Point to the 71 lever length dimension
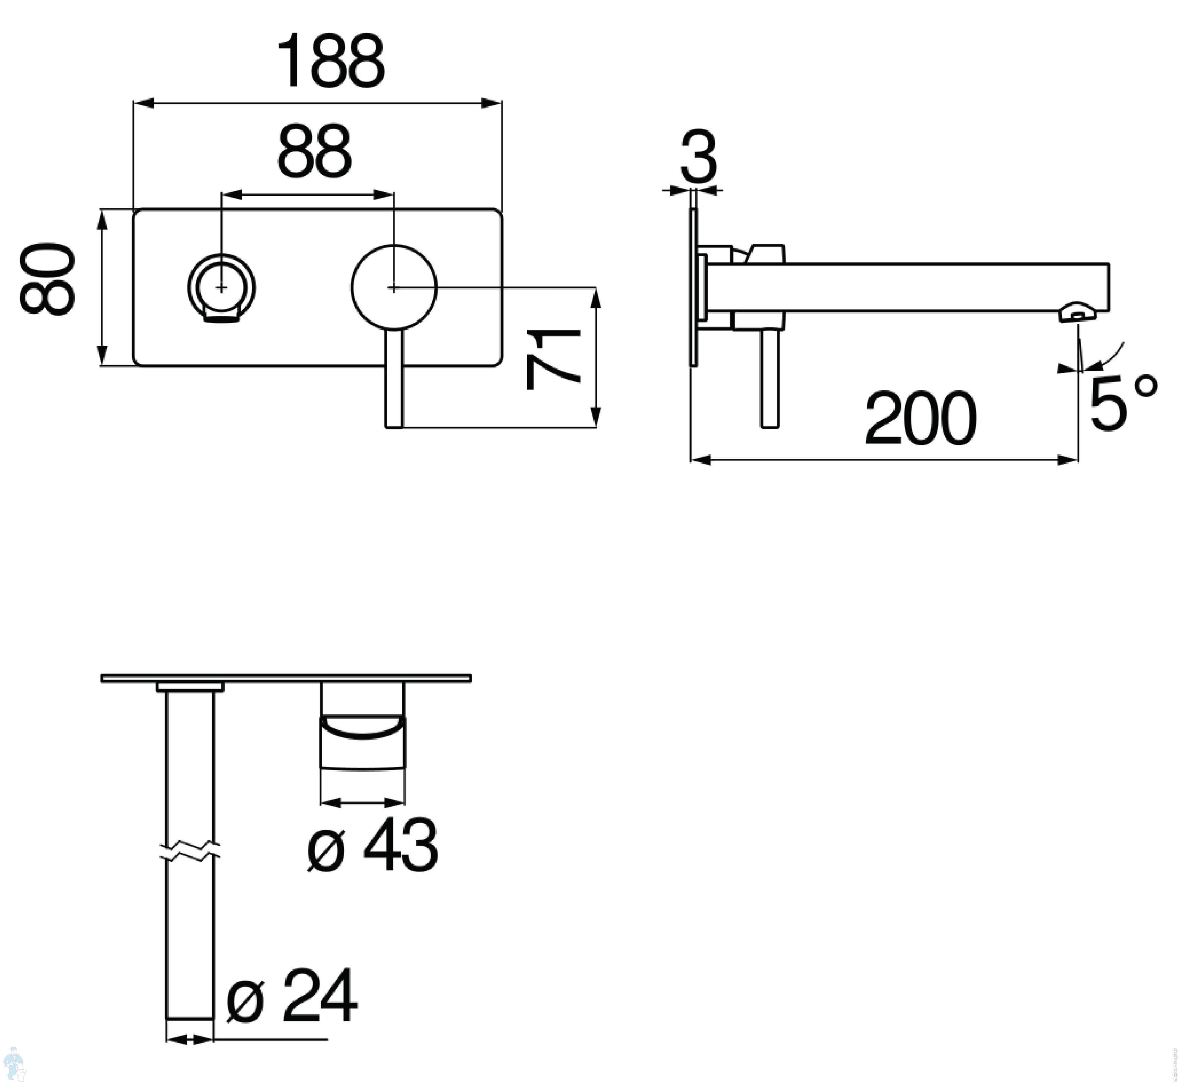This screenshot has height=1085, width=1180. pyautogui.click(x=553, y=359)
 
